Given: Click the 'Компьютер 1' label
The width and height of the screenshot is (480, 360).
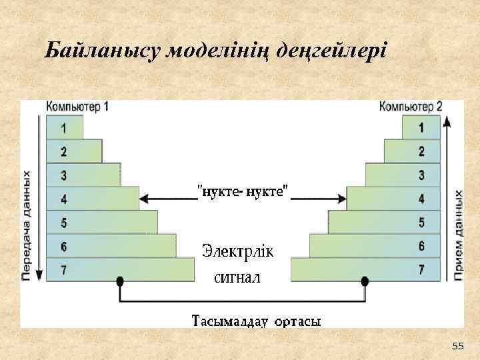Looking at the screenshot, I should pos(77,107).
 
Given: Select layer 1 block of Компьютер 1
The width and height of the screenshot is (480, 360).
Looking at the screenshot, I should pos(64,127).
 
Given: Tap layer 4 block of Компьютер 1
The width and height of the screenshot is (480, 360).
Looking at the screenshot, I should pos(92,199).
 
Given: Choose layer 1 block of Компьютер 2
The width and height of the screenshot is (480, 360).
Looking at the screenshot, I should pos(421,127).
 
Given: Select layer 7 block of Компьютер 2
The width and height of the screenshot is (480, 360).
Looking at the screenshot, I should pos(366,270).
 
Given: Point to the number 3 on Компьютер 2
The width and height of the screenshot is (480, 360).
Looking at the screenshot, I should pos(421,175).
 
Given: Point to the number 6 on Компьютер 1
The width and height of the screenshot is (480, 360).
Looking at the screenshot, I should pos(63,247).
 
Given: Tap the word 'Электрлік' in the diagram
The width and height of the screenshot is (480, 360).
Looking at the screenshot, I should pos(237,252).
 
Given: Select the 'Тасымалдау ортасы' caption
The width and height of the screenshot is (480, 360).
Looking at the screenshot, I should pos(257,321).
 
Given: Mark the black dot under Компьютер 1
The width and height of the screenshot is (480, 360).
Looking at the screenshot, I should pos(120,283).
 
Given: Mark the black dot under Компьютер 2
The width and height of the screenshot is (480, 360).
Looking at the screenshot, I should pos(365,283).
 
